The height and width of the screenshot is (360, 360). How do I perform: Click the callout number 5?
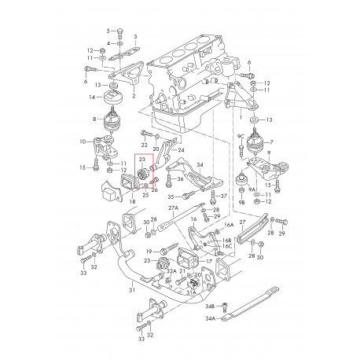[107, 29]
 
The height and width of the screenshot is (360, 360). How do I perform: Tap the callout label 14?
[92, 97]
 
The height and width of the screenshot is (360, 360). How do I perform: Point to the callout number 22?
[144, 146]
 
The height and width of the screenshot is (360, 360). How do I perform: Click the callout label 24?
[182, 150]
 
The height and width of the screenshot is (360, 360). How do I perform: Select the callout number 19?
[147, 251]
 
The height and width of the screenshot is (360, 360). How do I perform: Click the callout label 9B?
[242, 202]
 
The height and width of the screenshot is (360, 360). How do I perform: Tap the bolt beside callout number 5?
[119, 30]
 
